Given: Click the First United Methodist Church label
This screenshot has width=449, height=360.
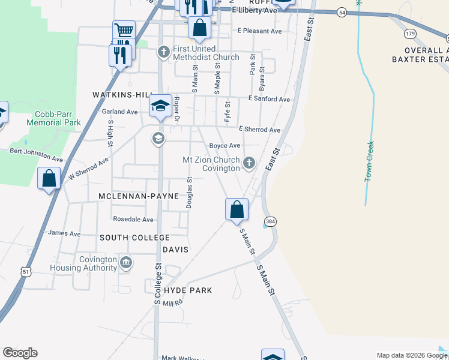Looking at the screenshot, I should click(x=205, y=53).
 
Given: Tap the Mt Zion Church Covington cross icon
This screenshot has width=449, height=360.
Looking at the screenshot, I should click(x=249, y=163).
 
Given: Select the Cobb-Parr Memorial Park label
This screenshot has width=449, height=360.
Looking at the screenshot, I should click(x=54, y=118).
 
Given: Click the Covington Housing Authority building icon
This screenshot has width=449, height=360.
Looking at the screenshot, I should click(x=127, y=262).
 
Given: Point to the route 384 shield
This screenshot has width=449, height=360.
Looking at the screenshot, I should click(x=270, y=221).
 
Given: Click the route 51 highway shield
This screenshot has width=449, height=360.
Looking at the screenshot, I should click(x=26, y=272).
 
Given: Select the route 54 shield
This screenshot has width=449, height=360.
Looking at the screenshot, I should click(x=341, y=12).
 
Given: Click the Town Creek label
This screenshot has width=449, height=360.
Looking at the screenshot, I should click(x=370, y=161).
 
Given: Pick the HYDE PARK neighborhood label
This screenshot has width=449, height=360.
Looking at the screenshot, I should click(x=187, y=290).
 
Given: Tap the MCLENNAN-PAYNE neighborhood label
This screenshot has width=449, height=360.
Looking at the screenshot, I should click(x=139, y=196).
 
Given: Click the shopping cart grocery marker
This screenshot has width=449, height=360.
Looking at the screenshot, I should click(x=124, y=31).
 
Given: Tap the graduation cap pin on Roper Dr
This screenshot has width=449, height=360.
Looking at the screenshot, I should click(x=160, y=106).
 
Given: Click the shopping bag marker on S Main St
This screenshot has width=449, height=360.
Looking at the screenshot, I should click(x=237, y=209).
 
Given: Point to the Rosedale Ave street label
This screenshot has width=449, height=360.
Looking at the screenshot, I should click(x=133, y=220).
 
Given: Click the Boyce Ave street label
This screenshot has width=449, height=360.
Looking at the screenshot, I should click(x=224, y=146).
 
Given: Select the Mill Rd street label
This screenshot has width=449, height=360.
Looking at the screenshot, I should click(x=172, y=304).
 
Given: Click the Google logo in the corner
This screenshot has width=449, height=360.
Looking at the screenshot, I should click(x=20, y=353).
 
